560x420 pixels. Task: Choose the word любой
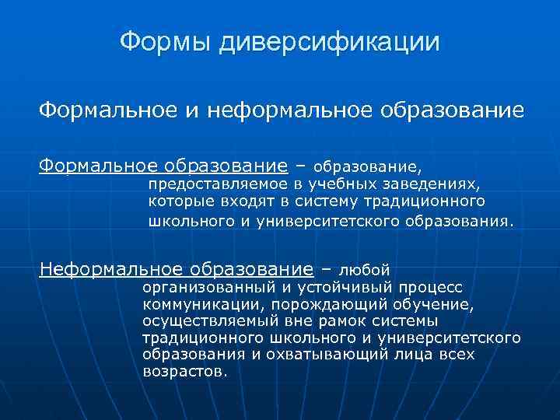(364, 271)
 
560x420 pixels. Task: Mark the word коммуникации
(192, 304)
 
